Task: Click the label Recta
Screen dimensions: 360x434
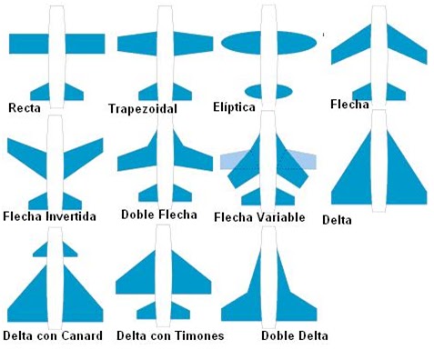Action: tap(24, 108)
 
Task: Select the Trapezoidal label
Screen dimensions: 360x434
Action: tap(141, 109)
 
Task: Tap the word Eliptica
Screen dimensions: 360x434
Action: tap(235, 108)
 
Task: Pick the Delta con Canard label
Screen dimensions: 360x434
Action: tap(52, 335)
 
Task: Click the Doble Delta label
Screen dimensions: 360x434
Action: tap(294, 335)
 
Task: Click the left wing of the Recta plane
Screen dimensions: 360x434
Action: tap(27, 43)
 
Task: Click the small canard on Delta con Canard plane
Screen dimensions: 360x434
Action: tap(44, 248)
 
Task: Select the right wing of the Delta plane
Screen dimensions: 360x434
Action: tap(405, 177)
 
